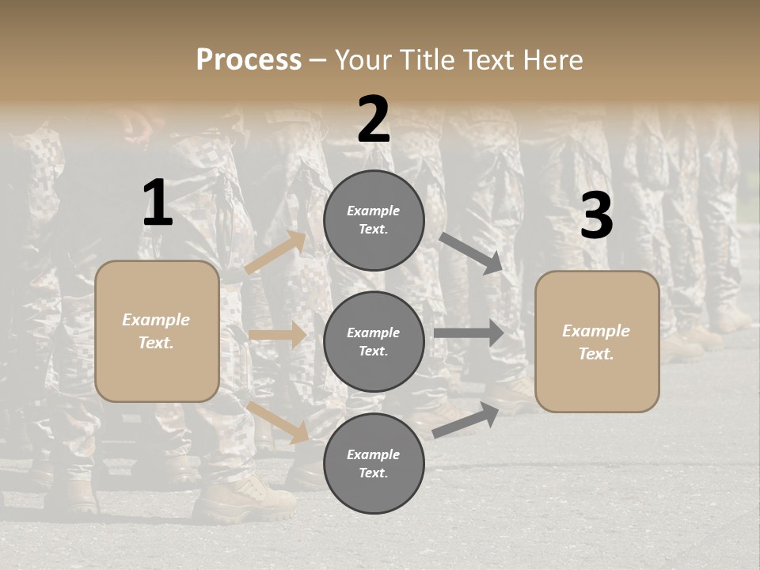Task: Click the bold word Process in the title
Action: tap(249, 59)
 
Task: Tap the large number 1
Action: tap(158, 203)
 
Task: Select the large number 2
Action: tap(374, 120)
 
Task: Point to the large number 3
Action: tap(596, 216)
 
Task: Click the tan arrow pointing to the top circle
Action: tap(276, 253)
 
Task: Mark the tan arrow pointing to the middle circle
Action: tap(278, 335)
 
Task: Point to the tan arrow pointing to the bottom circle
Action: tap(278, 421)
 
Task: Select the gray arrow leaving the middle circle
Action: tap(469, 333)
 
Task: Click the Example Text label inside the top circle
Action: tap(374, 220)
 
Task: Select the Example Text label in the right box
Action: tap(596, 342)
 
